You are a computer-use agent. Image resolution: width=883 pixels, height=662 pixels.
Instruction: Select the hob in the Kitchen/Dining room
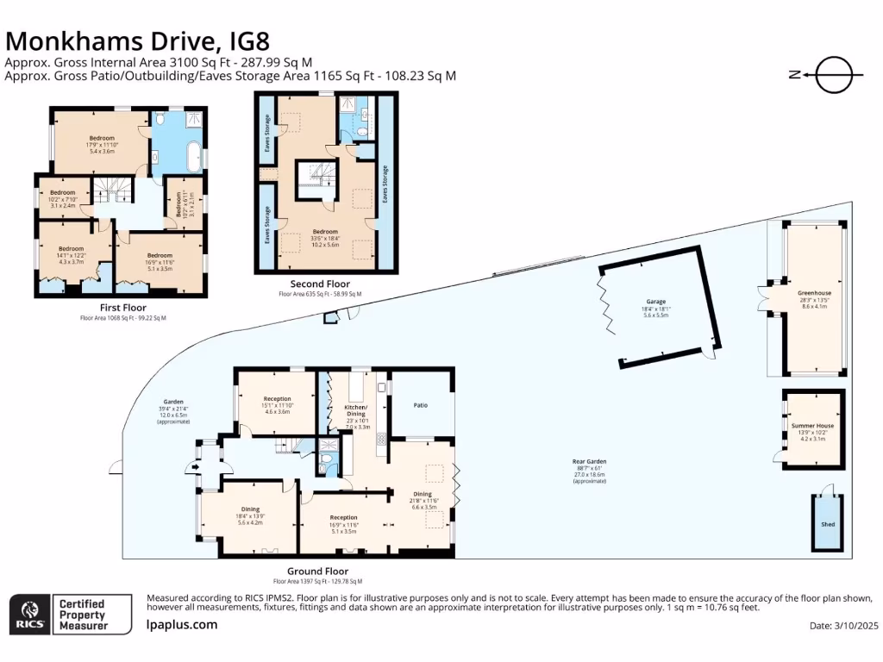pyautogui.click(x=380, y=439)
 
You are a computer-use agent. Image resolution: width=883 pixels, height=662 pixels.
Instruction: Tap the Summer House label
pyautogui.click(x=812, y=426)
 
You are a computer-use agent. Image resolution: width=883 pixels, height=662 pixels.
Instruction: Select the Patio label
pyautogui.click(x=421, y=405)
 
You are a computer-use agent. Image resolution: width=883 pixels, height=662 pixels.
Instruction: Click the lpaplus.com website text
pyautogui.click(x=183, y=625)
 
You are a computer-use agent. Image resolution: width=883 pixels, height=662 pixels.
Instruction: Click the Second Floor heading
pyautogui.click(x=319, y=284)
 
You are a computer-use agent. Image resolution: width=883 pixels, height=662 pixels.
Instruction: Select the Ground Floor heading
pyautogui.click(x=317, y=571)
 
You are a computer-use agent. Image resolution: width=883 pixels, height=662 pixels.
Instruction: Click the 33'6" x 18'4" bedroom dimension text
pyautogui.click(x=325, y=238)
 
